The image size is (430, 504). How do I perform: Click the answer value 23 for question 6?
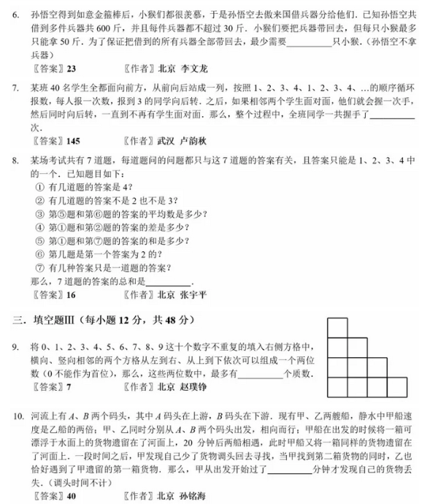[71, 70]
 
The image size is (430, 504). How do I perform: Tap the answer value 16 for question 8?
[71, 294]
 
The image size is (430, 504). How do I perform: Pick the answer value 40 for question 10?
[71, 497]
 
